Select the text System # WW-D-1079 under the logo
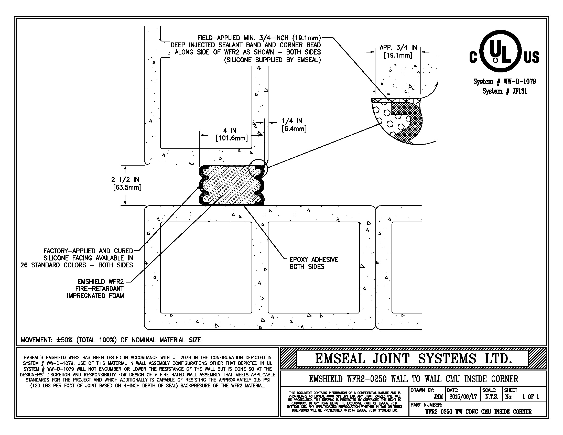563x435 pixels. (504, 82)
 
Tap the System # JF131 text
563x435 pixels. (504, 91)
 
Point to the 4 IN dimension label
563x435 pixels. (232, 134)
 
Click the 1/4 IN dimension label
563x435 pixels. (294, 125)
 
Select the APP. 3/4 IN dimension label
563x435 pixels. (398, 51)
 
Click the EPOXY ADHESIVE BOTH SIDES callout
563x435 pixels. (313, 263)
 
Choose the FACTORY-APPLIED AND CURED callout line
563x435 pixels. (88, 251)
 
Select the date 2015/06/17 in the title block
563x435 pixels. (463, 397)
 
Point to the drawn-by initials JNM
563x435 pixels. (438, 397)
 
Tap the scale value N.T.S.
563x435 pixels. (491, 397)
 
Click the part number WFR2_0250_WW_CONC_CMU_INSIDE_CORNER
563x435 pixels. (478, 412)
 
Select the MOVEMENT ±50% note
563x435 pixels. (111, 340)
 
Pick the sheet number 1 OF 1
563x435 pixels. (530, 397)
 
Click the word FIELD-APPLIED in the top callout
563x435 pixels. (219, 38)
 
